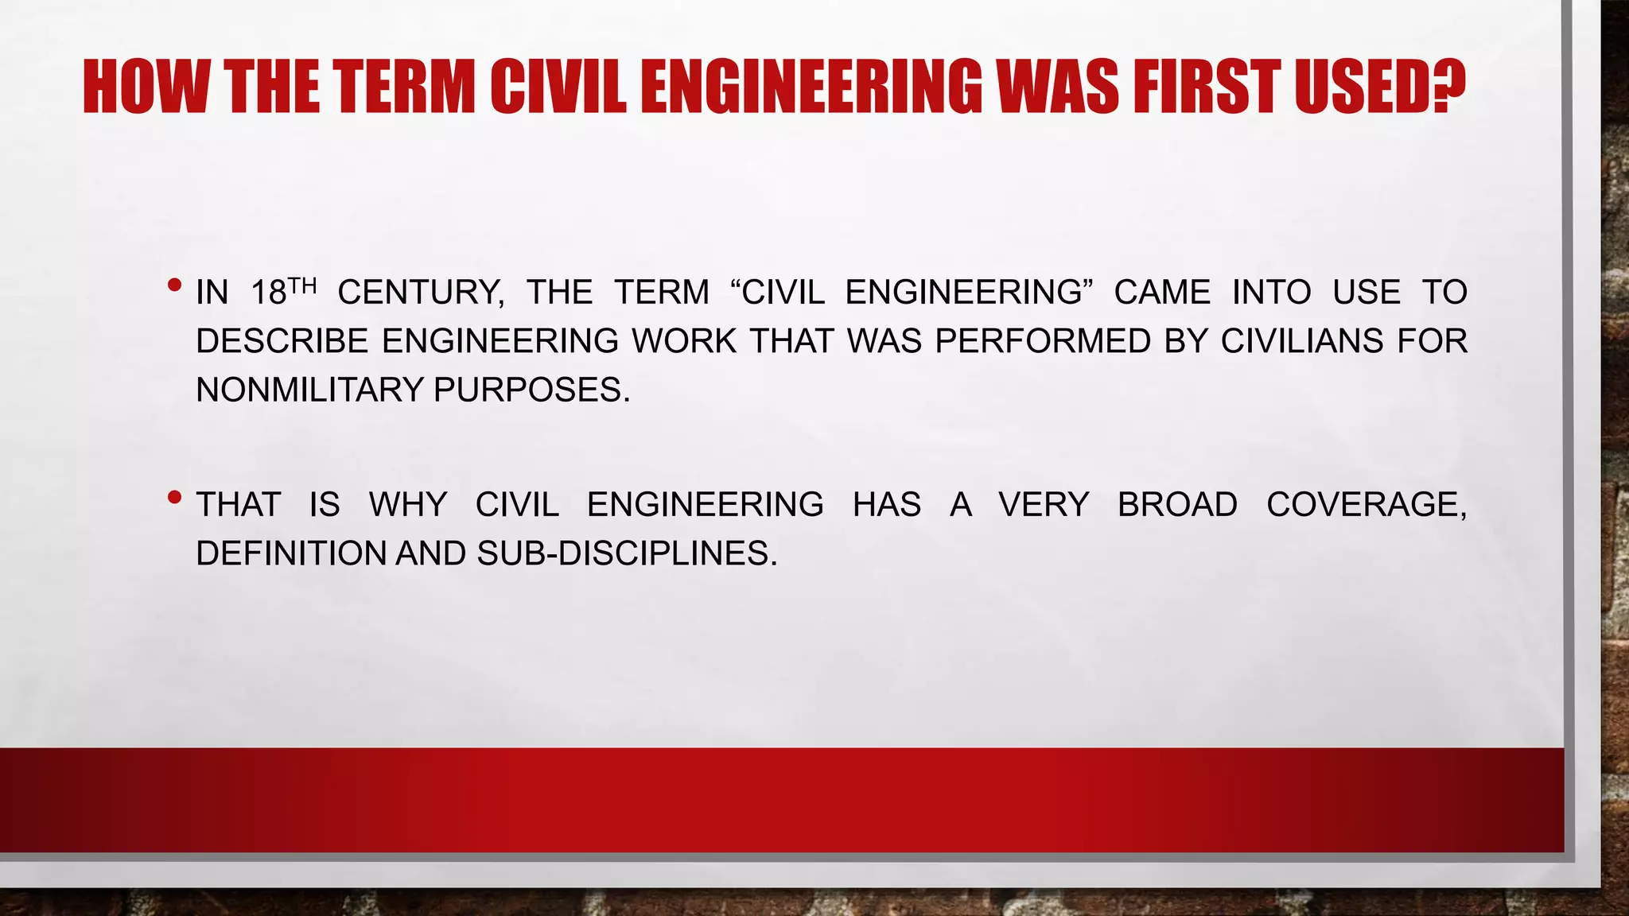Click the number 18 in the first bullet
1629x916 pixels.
pos(268,293)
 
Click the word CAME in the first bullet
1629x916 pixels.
pos(1162,293)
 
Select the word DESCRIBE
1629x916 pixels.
pos(282,341)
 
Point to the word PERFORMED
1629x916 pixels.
pos(1043,341)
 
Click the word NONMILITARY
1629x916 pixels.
pos(309,390)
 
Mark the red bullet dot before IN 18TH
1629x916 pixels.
pos(175,285)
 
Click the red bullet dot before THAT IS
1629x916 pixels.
pos(175,498)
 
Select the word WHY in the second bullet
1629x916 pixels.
pos(408,505)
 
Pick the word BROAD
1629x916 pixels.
pos(1177,505)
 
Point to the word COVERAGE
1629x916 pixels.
pos(1366,505)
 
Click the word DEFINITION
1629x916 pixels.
pos(291,553)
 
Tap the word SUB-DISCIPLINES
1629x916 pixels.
pos(627,553)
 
